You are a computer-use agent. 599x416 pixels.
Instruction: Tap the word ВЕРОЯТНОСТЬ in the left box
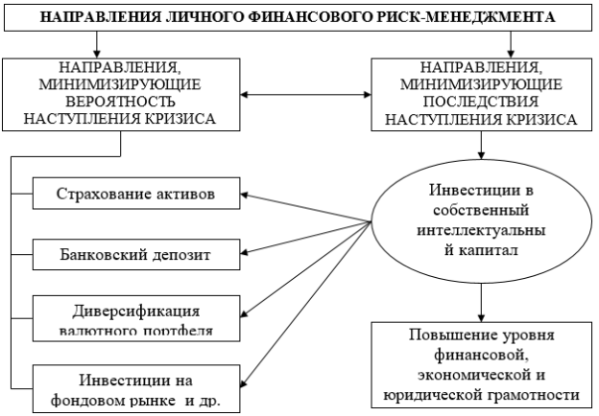(x=121, y=102)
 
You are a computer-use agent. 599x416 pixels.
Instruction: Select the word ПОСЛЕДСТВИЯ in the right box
(x=481, y=102)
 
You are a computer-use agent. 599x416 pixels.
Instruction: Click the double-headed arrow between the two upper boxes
(x=305, y=94)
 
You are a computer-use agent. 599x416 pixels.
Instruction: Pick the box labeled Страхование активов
(x=136, y=194)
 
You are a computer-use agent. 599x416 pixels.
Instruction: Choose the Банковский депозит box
(x=136, y=255)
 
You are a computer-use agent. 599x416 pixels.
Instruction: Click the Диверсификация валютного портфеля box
(x=136, y=318)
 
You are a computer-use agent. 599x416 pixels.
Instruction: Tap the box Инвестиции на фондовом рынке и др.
(x=136, y=389)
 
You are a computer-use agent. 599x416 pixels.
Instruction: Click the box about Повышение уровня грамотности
(x=482, y=365)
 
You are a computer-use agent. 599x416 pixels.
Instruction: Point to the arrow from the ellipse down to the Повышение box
(x=481, y=303)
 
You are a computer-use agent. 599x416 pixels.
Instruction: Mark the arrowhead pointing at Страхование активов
(x=245, y=195)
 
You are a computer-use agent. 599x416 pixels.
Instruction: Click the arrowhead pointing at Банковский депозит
(x=245, y=252)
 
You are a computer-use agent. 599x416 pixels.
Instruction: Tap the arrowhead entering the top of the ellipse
(x=481, y=155)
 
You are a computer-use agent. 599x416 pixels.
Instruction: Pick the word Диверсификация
(x=136, y=312)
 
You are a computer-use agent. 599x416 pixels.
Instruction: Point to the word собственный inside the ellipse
(x=481, y=210)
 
